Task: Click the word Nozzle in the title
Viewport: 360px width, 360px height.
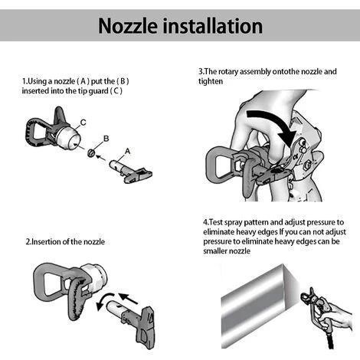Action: click(128, 26)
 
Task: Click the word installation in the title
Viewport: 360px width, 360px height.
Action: click(216, 26)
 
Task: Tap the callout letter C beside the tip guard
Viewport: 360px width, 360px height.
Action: click(83, 123)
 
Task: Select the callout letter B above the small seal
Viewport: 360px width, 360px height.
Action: click(106, 139)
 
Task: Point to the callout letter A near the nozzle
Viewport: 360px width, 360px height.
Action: click(127, 152)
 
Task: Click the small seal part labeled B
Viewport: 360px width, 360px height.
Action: click(91, 153)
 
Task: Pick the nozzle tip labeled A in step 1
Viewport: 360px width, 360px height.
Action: click(131, 171)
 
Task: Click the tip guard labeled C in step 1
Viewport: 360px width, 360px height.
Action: click(53, 130)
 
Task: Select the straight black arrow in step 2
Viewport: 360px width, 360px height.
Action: click(129, 299)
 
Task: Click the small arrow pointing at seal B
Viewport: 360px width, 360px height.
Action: click(101, 158)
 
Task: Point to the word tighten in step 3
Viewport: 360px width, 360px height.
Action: click(211, 81)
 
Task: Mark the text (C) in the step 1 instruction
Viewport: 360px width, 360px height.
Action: click(116, 91)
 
